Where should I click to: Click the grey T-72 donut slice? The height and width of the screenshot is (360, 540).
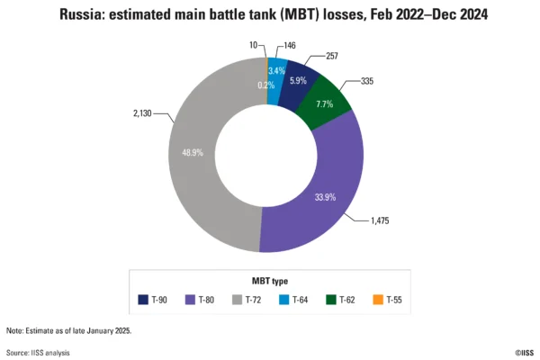click(193, 153)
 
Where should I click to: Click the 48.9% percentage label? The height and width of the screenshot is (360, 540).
click(193, 154)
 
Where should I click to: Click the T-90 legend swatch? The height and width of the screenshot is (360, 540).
click(143, 300)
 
